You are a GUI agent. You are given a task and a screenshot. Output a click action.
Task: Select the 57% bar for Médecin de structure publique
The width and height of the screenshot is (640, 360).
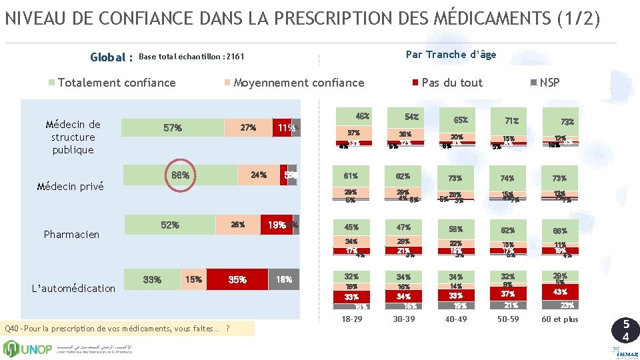click(x=172, y=127)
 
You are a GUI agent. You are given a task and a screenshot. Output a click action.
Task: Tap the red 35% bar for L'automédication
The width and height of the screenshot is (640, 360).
click(x=237, y=280)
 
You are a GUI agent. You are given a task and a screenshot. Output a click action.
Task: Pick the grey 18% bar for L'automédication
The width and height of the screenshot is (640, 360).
click(x=284, y=280)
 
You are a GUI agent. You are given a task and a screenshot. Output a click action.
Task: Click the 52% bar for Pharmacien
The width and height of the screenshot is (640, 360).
click(x=170, y=225)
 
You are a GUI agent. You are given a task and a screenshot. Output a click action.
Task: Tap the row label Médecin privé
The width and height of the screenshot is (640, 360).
click(x=70, y=187)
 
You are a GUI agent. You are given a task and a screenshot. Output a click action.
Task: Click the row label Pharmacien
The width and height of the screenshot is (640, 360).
click(x=71, y=235)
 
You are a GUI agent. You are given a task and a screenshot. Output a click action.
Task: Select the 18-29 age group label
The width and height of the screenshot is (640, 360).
click(x=352, y=319)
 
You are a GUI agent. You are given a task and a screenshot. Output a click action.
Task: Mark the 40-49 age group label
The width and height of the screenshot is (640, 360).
click(x=455, y=319)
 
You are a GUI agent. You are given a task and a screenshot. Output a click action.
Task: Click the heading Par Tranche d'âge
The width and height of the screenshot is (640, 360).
click(x=451, y=55)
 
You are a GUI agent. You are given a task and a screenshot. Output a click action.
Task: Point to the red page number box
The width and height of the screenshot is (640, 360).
click(x=625, y=331)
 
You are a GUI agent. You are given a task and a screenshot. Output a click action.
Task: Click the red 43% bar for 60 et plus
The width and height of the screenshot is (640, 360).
click(x=559, y=292)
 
